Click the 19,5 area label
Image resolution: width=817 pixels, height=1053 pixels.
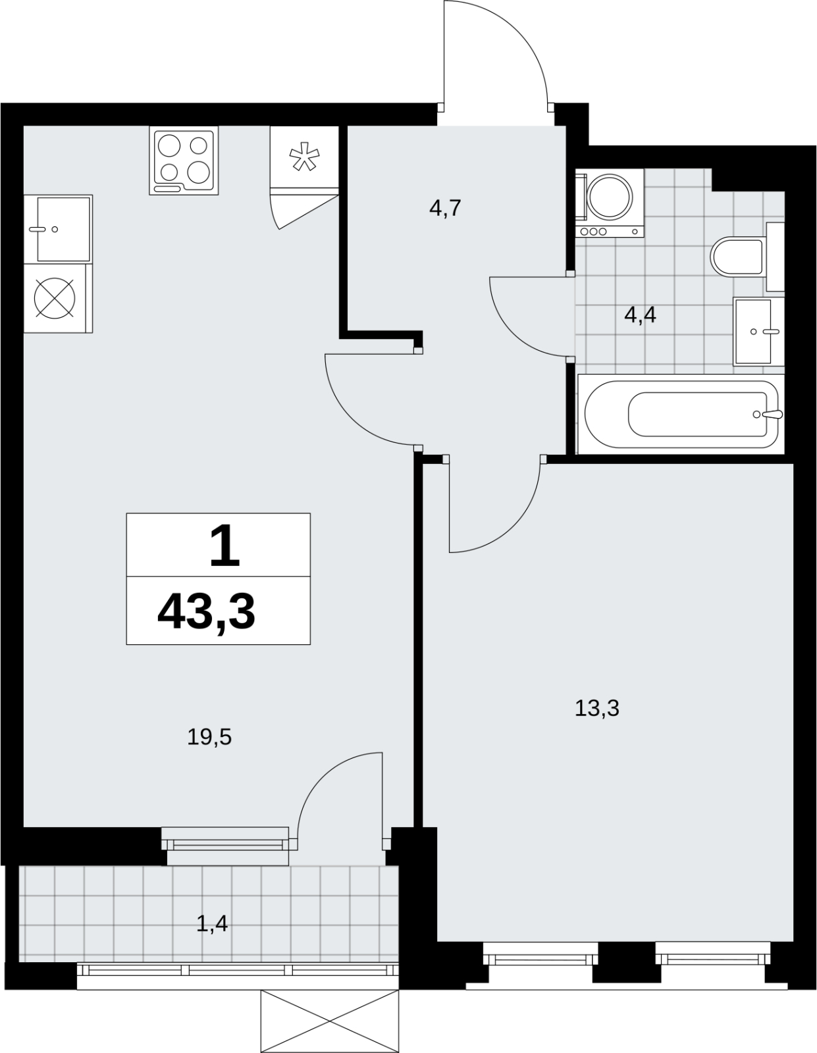(x=209, y=738)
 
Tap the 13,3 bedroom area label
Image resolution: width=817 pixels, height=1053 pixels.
(x=597, y=708)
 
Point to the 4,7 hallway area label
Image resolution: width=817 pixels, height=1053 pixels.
(x=445, y=209)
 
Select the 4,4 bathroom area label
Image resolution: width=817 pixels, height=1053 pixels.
(x=640, y=315)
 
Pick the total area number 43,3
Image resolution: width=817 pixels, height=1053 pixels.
(x=207, y=613)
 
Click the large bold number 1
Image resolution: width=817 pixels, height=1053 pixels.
(x=224, y=548)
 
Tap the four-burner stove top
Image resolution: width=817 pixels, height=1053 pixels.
(x=184, y=161)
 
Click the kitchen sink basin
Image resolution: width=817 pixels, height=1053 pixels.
(x=63, y=229)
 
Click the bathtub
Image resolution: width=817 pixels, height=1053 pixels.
(x=680, y=415)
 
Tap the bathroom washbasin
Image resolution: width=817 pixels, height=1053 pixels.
(x=752, y=332)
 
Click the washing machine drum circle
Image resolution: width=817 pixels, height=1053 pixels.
(x=610, y=197)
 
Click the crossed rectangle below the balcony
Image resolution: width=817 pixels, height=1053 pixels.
(x=330, y=1021)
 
